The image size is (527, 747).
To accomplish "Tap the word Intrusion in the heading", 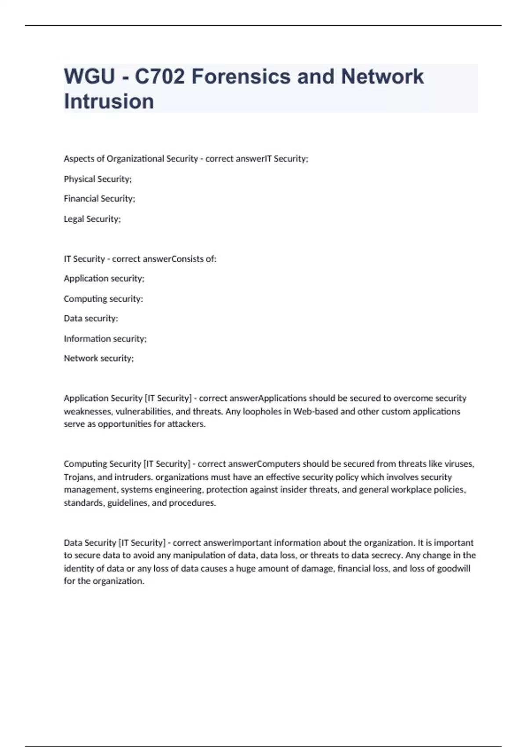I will (x=109, y=101).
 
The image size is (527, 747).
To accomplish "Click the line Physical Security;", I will (x=97, y=179).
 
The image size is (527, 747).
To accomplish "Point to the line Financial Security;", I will (x=99, y=199).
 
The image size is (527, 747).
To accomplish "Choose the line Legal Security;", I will (x=92, y=219).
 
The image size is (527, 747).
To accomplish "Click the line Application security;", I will (x=104, y=279).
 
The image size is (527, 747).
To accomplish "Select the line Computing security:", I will (x=103, y=299).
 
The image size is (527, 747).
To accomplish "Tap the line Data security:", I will (x=91, y=319).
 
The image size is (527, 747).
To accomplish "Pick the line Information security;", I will (x=105, y=339).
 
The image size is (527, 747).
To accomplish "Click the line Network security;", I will (x=98, y=359).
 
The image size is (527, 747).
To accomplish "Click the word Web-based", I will (x=314, y=412).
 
